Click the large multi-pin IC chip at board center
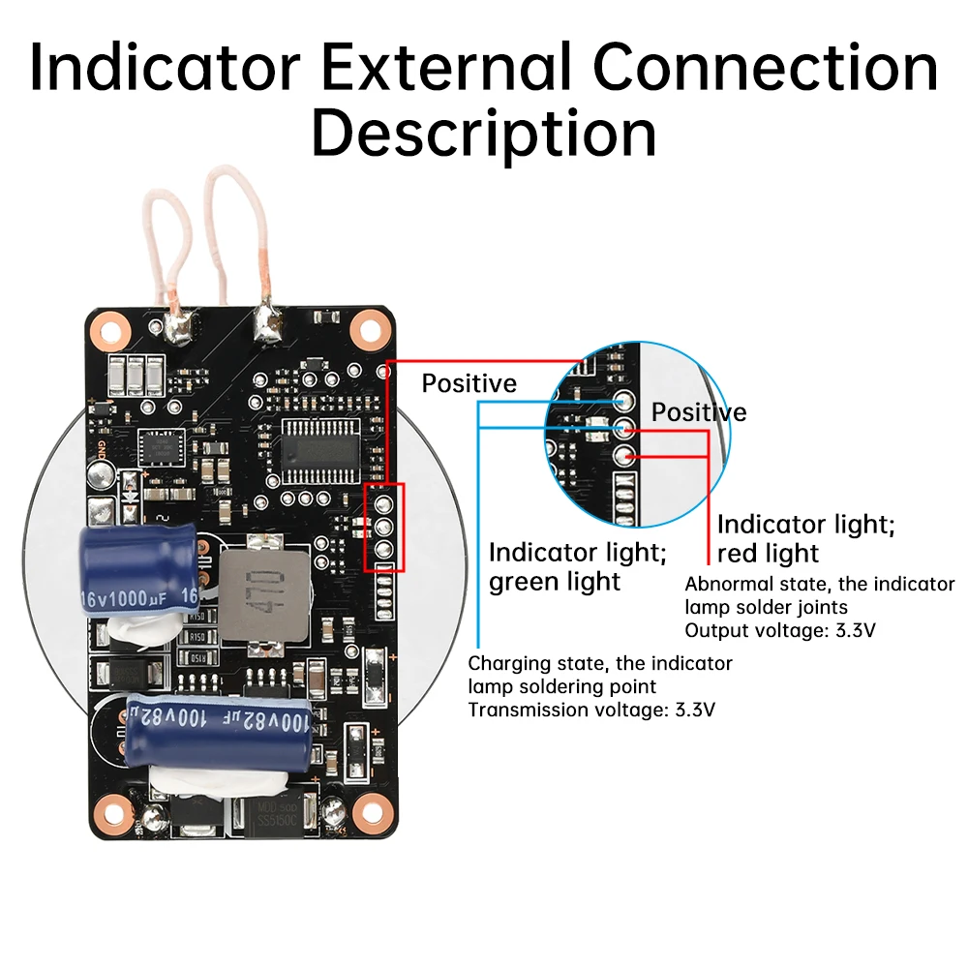click(x=319, y=450)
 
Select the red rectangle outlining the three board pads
click(x=383, y=528)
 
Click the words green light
click(x=554, y=582)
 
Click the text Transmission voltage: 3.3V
click(x=591, y=710)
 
